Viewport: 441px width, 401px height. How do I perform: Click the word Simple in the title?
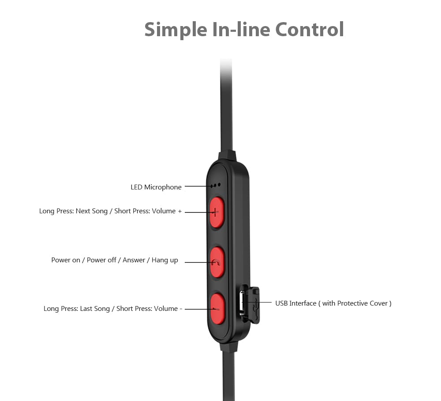pyautogui.click(x=176, y=30)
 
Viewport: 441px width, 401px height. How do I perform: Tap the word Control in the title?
pyautogui.click(x=310, y=29)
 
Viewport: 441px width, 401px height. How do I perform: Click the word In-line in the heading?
pyautogui.click(x=241, y=29)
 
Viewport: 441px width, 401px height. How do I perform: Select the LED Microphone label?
pyautogui.click(x=156, y=187)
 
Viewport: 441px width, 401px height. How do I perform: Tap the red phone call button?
pyautogui.click(x=217, y=262)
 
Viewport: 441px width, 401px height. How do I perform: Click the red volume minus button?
pyautogui.click(x=217, y=309)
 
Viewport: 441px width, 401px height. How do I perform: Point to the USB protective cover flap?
pyautogui.click(x=253, y=306)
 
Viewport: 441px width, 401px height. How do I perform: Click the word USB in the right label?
pyautogui.click(x=281, y=303)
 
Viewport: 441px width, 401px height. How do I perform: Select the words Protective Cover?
pyautogui.click(x=363, y=303)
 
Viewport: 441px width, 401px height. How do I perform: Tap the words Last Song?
pyautogui.click(x=95, y=309)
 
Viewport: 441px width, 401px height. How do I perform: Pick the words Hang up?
pyautogui.click(x=165, y=260)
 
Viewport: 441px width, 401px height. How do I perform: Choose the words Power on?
pyautogui.click(x=66, y=260)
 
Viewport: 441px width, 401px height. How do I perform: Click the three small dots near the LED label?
pyautogui.click(x=216, y=185)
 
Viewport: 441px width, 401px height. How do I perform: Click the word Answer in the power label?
pyautogui.click(x=134, y=260)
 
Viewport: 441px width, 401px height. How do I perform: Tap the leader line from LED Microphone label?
pyautogui.click(x=198, y=186)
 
